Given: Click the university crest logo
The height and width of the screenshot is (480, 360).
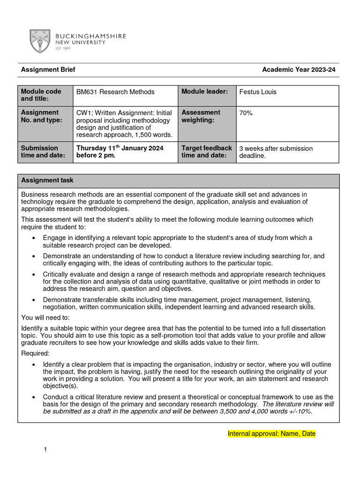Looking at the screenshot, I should coord(40,41).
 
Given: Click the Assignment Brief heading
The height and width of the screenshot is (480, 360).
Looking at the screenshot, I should coord(48,70).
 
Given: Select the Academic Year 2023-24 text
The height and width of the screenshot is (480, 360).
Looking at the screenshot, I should coord(299,70).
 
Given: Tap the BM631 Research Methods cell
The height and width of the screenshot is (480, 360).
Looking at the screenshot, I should coord(115,92).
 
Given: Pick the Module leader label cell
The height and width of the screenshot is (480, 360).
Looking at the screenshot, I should coord(204,91).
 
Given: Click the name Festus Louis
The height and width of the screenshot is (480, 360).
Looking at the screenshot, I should coord(258,92).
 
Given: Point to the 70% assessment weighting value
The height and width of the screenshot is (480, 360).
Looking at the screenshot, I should coord(246,113).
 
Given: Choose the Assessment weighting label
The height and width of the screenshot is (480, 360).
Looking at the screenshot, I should coord(201,116).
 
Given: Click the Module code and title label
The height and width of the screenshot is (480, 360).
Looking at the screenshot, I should coord(41,95).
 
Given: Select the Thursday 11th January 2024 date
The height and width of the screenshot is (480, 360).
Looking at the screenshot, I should coord(120,148).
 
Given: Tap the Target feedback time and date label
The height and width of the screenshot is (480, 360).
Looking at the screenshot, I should coord(206,152).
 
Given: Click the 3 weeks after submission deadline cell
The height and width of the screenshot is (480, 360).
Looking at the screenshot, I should coord(276,152).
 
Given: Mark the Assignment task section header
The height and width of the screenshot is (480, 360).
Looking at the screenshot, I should coord(47,180).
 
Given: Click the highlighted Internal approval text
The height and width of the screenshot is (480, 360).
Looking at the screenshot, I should coord(271,434).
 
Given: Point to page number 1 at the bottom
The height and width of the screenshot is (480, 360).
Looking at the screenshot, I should coord(45,450).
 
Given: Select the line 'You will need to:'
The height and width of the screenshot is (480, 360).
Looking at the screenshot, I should coord(45,317).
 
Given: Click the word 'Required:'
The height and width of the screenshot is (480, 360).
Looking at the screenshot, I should coord(36,353).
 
